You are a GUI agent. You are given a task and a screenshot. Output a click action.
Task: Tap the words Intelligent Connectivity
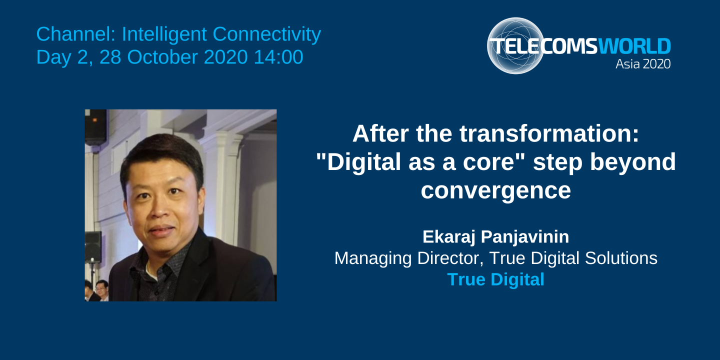(221, 34)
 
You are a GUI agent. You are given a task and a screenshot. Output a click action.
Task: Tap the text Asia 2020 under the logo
(643, 64)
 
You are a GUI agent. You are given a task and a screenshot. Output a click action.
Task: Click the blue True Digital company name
(495, 279)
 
